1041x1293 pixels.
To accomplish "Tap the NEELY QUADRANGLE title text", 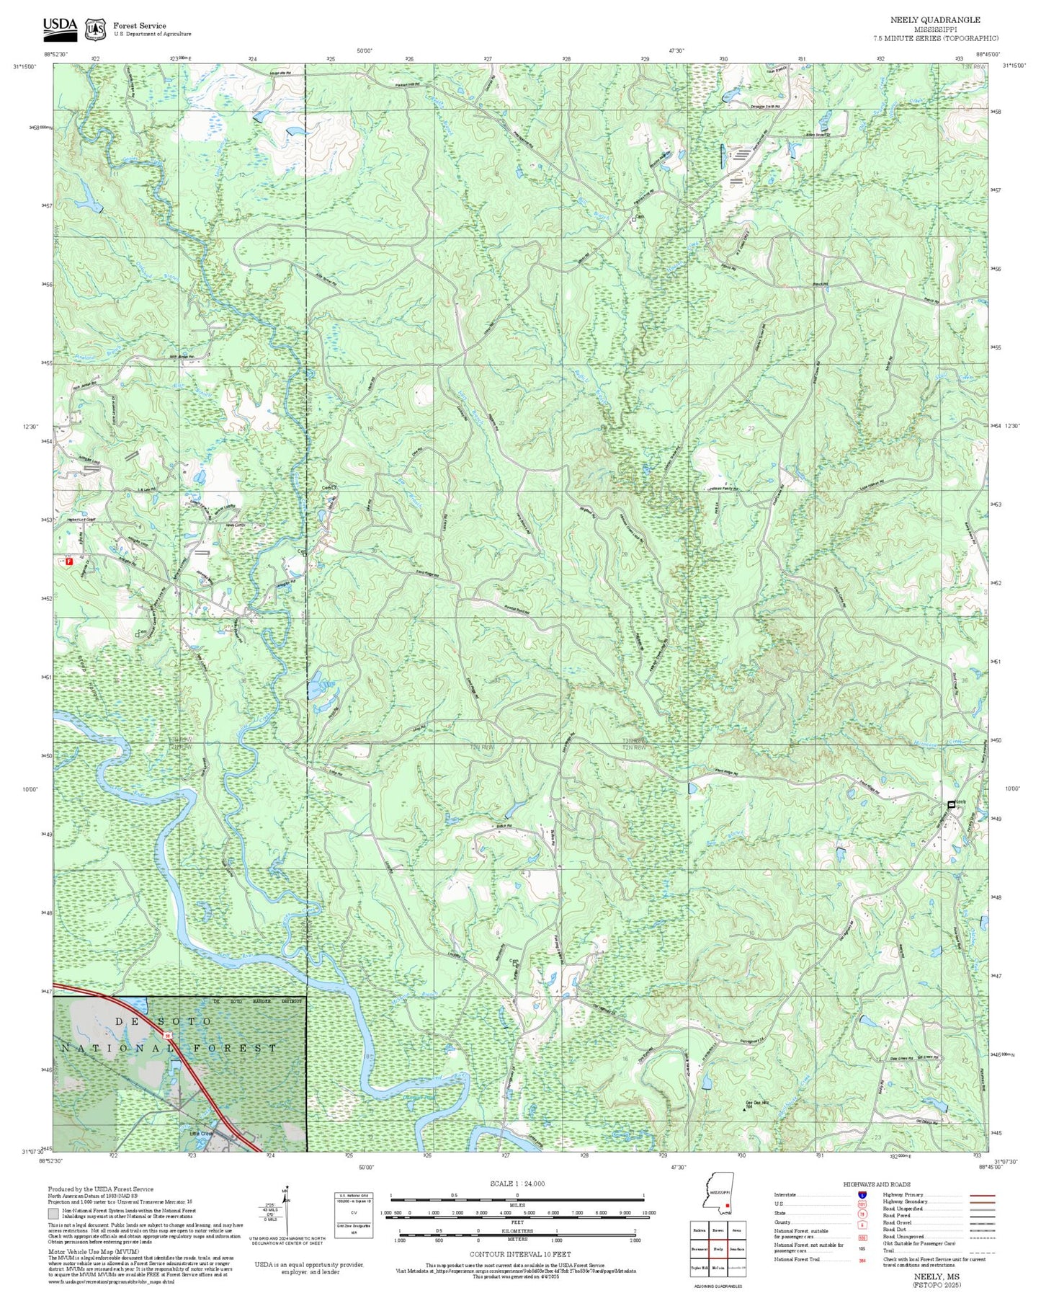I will click(x=934, y=20).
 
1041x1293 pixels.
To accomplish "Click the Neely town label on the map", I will click(x=960, y=802).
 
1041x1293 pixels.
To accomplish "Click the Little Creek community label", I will click(x=202, y=1134).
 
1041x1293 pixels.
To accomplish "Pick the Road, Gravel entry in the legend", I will click(x=897, y=1224).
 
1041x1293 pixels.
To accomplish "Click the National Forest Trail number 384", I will click(x=862, y=1261).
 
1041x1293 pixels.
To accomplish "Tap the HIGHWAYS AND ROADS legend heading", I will click(x=877, y=1184).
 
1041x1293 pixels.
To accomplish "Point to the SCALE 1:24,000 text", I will click(x=517, y=1183).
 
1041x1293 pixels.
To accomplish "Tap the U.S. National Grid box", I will click(x=354, y=1214).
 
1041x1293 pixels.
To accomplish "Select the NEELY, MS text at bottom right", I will click(x=936, y=1276).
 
